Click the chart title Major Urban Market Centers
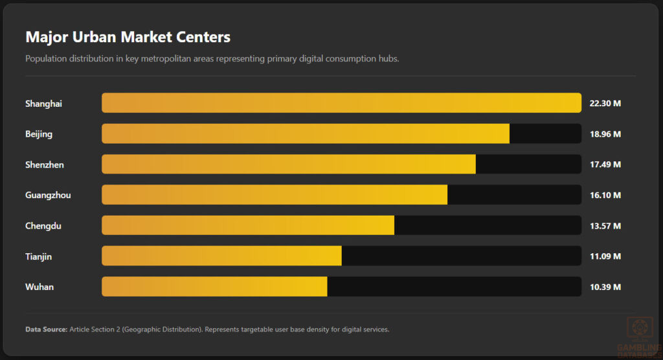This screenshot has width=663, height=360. pos(128,37)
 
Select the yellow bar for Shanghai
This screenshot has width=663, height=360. pos(341,103)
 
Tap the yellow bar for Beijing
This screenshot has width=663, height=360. pos(306,134)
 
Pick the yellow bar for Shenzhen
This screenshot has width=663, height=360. pos(289,164)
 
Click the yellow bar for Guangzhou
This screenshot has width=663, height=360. pos(275,195)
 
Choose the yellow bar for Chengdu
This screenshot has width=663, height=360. pos(248,225)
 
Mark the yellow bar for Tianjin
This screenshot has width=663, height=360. pos(221,256)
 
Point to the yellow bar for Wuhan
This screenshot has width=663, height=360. pos(214,287)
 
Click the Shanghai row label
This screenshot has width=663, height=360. pos(43,104)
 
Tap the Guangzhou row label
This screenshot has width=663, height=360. pos(48,195)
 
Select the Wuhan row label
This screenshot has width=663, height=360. pos(39,287)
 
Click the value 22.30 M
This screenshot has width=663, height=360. pos(605,104)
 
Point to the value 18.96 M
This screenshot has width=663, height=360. pos(605,134)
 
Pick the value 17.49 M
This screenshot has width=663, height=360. pos(605,164)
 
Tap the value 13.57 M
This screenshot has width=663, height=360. pos(605,226)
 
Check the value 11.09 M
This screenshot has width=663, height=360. pos(605,256)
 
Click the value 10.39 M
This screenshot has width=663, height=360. pos(605,287)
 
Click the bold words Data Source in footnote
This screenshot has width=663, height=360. pos(46,330)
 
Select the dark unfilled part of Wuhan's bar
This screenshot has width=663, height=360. pos(454,287)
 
